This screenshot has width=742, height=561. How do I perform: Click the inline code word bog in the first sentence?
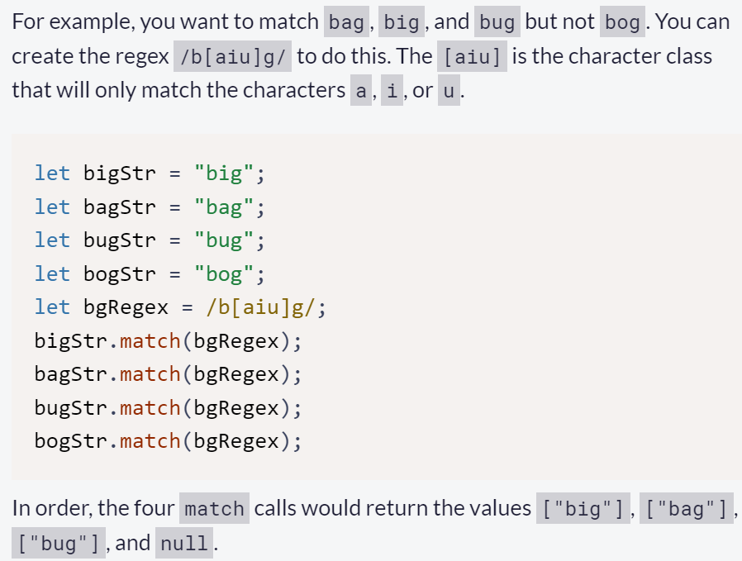point(622,22)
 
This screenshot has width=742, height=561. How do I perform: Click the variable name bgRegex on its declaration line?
point(126,307)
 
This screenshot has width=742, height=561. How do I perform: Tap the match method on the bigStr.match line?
point(150,340)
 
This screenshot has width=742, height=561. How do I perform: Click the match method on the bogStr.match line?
point(150,441)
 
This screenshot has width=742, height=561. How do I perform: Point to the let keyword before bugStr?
point(52,240)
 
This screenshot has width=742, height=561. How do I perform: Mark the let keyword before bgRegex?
point(52,307)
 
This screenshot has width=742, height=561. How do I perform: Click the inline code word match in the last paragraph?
point(215,508)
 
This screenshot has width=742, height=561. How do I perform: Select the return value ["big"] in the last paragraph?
point(581,508)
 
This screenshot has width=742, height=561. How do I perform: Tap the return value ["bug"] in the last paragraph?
point(58,544)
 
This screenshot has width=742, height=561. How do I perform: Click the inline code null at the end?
point(183,544)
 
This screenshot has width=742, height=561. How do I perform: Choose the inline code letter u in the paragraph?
point(448,90)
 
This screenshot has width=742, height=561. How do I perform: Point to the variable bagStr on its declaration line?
point(119,207)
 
